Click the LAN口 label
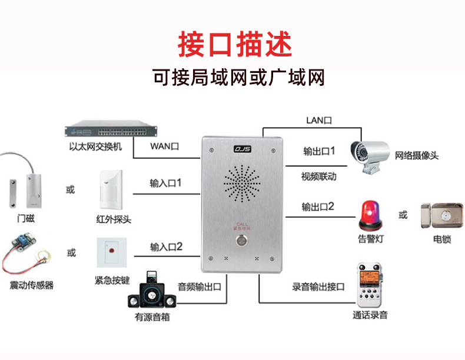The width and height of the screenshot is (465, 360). click(x=319, y=120)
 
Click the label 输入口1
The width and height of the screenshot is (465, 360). click(x=165, y=184)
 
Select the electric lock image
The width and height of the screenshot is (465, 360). click(x=441, y=215)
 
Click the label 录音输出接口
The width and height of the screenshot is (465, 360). click(x=318, y=287)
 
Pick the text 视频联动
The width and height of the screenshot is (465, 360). click(x=318, y=176)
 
